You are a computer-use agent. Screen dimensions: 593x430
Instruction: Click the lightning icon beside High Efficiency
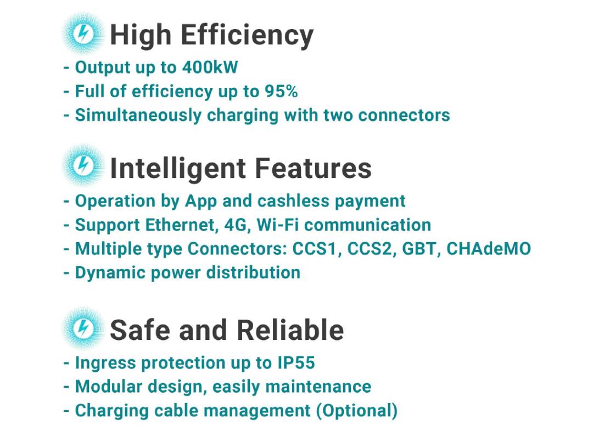pyautogui.click(x=83, y=33)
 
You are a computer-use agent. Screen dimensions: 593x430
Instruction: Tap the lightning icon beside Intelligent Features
pyautogui.click(x=83, y=166)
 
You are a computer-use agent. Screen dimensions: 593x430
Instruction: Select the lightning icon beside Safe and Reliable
pyautogui.click(x=83, y=328)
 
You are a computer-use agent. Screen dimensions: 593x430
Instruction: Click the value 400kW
pyautogui.click(x=210, y=68)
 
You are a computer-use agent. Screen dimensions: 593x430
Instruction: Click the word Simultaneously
pyautogui.click(x=138, y=115)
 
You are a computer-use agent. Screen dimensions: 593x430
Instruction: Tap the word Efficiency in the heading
pyautogui.click(x=247, y=35)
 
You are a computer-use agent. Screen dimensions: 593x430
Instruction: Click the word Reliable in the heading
pyautogui.click(x=290, y=330)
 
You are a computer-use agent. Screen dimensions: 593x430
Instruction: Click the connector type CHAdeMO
pyautogui.click(x=489, y=249)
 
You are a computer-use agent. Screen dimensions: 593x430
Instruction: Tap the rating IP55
pyautogui.click(x=296, y=362)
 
